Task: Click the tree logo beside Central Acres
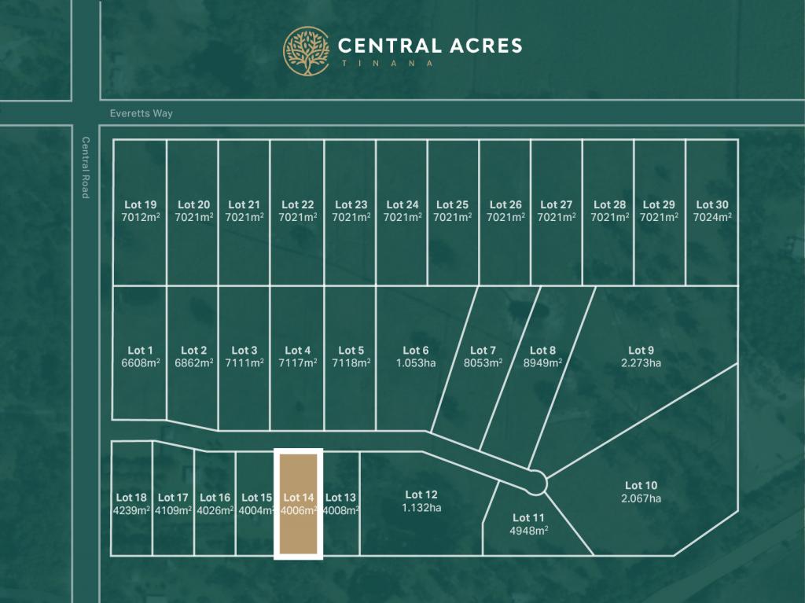click(x=307, y=51)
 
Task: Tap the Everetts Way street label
click(x=142, y=113)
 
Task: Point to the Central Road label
click(x=85, y=167)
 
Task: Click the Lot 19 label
click(x=140, y=204)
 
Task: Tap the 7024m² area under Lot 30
click(x=712, y=217)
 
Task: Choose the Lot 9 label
click(x=641, y=351)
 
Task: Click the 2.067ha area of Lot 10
click(x=641, y=498)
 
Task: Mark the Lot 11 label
click(x=528, y=517)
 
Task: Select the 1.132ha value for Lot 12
click(x=421, y=508)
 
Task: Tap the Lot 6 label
click(x=416, y=351)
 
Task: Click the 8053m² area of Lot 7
click(x=483, y=363)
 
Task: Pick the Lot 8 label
click(x=542, y=351)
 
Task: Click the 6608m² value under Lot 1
click(x=140, y=363)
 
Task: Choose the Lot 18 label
click(x=131, y=497)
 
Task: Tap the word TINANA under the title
click(x=385, y=64)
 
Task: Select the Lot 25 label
click(x=452, y=204)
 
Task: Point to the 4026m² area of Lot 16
click(x=215, y=510)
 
